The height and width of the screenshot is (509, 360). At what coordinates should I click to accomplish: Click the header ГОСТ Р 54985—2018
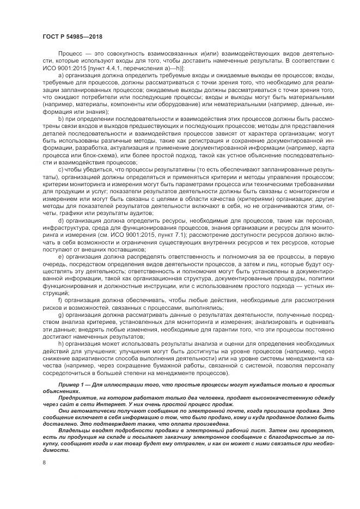coord(72,37)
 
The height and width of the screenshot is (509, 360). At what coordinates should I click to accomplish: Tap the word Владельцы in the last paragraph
coord(74,429)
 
